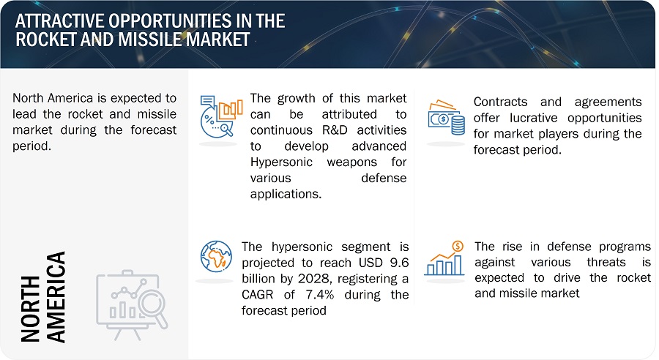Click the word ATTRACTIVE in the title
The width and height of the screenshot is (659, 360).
[x=60, y=21]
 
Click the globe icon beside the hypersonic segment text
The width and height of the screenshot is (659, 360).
[x=216, y=257]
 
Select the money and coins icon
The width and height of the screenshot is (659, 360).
[x=447, y=118]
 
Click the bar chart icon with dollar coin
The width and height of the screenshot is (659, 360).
[x=444, y=259]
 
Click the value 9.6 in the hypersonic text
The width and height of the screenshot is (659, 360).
[x=399, y=263]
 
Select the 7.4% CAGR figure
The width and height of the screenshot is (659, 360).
[x=320, y=294]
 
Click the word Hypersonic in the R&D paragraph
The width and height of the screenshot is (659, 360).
[x=281, y=162]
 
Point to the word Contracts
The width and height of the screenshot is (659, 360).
[x=500, y=102]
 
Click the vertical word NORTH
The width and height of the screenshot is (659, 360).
[x=30, y=308]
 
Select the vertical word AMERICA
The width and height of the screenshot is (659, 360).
[x=56, y=297]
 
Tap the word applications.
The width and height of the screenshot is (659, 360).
[x=286, y=194]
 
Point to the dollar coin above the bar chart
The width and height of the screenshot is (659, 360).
[x=458, y=246]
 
